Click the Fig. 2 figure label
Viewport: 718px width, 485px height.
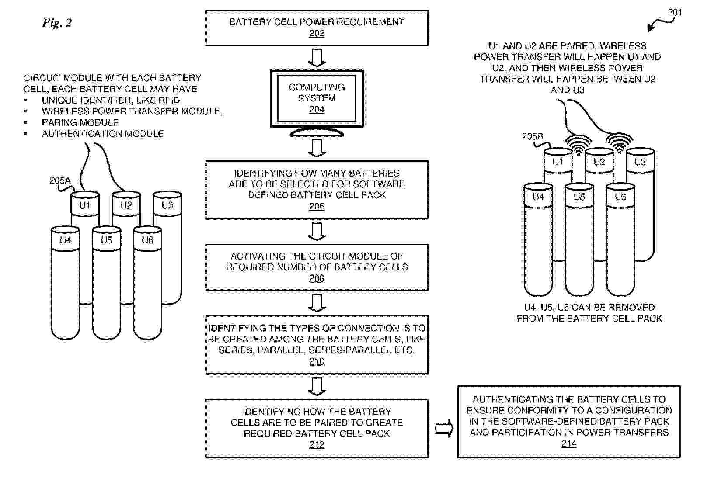pos(57,23)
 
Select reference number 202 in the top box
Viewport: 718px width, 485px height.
pos(317,33)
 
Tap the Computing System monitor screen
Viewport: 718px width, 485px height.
pos(317,98)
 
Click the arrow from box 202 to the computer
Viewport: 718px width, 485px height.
pos(317,57)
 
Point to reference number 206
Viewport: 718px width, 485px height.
pos(317,206)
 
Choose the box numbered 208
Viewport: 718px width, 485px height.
pos(317,267)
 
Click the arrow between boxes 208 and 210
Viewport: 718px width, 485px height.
pos(317,303)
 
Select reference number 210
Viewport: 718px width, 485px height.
pos(317,361)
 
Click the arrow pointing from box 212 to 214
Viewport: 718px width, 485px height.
pos(444,429)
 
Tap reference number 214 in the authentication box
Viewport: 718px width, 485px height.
pos(569,444)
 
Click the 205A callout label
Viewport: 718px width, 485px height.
pos(60,181)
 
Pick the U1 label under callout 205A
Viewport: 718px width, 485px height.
pos(84,205)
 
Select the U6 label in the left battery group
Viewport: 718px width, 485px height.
pos(147,240)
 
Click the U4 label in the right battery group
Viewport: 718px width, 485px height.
pos(538,197)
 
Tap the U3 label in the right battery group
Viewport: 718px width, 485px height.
pos(640,162)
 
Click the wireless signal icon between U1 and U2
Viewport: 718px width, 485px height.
pos(578,145)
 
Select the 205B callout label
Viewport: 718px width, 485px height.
pos(532,137)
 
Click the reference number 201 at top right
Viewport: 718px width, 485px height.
pos(674,12)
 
